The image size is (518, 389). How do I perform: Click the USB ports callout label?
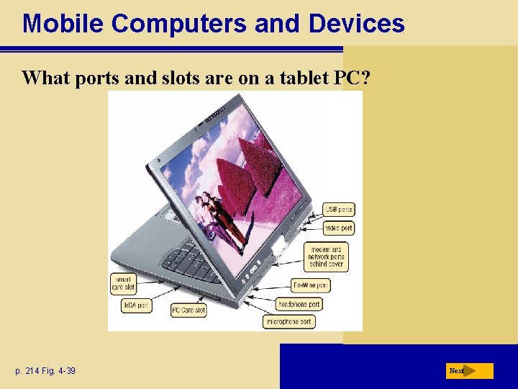tap(339, 210)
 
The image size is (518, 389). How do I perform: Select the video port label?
tap(339, 228)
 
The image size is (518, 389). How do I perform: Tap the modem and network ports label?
tap(327, 256)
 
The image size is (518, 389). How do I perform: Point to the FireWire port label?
tap(311, 285)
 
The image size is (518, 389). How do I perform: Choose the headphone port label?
tap(299, 304)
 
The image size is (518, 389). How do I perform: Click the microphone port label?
tap(289, 322)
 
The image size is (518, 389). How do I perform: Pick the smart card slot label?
tap(123, 283)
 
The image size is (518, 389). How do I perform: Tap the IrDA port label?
tap(136, 305)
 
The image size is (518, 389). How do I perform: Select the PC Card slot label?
tap(188, 310)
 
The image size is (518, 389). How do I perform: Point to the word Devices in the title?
tap(357, 24)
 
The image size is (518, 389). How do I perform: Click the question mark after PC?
tap(366, 78)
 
